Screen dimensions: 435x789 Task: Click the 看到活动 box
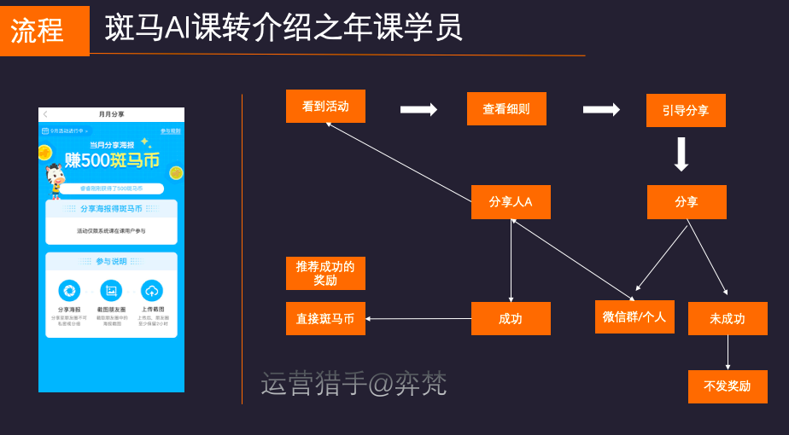pyautogui.click(x=325, y=107)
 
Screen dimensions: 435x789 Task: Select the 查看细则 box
pyautogui.click(x=506, y=109)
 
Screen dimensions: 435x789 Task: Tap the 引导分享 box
pyautogui.click(x=686, y=111)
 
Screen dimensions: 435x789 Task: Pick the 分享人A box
pyautogui.click(x=511, y=202)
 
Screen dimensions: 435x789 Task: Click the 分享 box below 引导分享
pyautogui.click(x=687, y=202)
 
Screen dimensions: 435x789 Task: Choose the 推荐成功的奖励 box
pyautogui.click(x=325, y=274)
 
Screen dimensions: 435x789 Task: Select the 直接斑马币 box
pyautogui.click(x=325, y=319)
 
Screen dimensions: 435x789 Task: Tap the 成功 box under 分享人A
pyautogui.click(x=511, y=319)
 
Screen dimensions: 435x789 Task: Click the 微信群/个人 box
pyautogui.click(x=634, y=317)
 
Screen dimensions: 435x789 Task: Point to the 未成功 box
pyautogui.click(x=728, y=319)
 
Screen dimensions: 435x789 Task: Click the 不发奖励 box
pyautogui.click(x=728, y=386)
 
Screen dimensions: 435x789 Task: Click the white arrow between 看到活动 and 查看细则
pyautogui.click(x=418, y=109)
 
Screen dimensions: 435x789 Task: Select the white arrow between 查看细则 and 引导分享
pyautogui.click(x=601, y=109)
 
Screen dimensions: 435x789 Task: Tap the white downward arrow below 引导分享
pyautogui.click(x=681, y=154)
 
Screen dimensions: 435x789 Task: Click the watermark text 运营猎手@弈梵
pyautogui.click(x=354, y=384)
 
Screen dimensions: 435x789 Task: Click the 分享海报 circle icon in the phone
pyautogui.click(x=69, y=290)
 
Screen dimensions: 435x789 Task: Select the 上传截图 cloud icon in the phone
pyautogui.click(x=152, y=290)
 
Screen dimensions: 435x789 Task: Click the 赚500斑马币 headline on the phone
pyautogui.click(x=112, y=160)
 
